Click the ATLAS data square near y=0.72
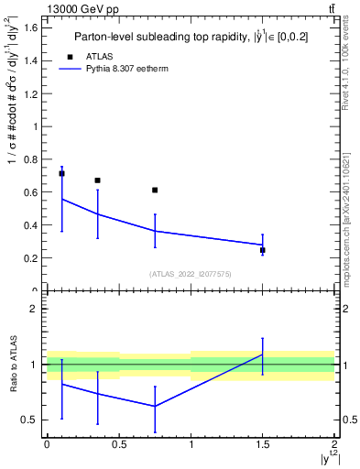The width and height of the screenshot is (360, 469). coord(61,173)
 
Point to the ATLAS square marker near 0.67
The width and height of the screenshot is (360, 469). coord(97,180)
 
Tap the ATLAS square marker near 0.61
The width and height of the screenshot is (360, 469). coord(155,190)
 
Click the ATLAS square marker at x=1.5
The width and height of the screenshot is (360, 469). coord(263,250)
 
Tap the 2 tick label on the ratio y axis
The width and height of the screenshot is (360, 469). coord(34,309)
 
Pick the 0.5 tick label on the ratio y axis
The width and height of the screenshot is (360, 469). coord(29,420)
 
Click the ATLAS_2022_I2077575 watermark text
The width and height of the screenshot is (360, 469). coord(191,274)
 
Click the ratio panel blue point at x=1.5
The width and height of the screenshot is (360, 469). coord(263,354)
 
